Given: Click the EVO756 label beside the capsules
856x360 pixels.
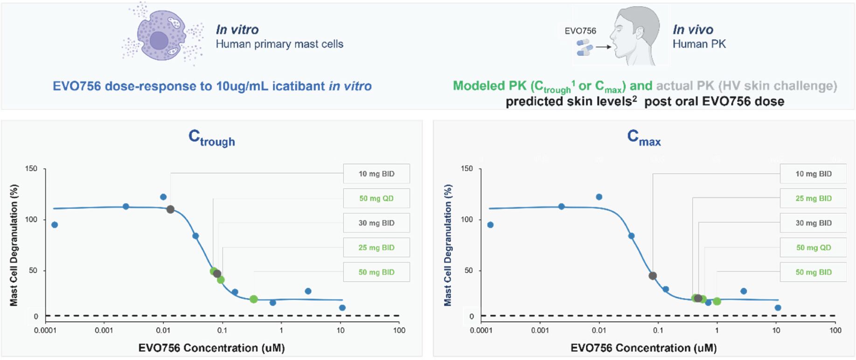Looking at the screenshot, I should (x=580, y=31).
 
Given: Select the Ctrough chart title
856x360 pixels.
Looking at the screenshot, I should (x=211, y=138).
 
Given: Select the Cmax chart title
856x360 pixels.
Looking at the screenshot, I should (x=644, y=138).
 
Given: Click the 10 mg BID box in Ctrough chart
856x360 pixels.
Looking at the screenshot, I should (x=376, y=174).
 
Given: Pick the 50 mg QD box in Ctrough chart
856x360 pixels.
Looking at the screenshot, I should (x=376, y=199).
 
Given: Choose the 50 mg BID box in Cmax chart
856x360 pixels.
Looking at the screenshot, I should (x=813, y=272).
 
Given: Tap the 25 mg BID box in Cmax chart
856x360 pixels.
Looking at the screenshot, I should (x=813, y=199).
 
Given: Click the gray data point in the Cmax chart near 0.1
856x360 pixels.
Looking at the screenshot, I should (x=653, y=276).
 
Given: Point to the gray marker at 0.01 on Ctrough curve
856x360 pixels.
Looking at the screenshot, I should (x=170, y=209).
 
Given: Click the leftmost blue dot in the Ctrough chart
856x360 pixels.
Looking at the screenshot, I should (x=55, y=225).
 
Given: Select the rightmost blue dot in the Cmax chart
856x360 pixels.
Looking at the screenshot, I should (x=778, y=308).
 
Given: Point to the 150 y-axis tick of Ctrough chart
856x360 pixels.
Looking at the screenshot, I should (x=31, y=169).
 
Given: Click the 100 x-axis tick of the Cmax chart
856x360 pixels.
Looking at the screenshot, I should (x=835, y=331).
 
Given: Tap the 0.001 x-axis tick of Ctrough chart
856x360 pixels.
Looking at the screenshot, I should (x=104, y=331).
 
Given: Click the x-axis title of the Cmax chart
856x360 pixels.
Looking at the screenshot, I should (x=643, y=348).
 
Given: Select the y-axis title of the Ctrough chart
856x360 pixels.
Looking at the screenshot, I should (x=14, y=245).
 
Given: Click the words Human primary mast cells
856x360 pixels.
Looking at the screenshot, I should (x=279, y=44).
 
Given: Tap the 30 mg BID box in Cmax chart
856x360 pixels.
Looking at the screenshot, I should (x=813, y=223).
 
